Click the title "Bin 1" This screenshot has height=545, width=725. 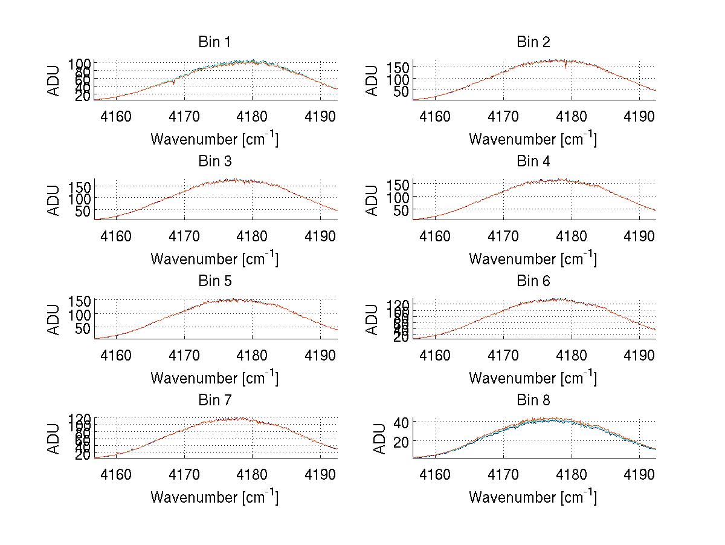214,42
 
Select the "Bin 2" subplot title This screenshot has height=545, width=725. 533,42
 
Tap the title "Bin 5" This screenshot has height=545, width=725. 214,281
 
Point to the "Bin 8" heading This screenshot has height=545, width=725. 533,400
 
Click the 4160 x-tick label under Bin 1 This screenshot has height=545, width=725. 116,116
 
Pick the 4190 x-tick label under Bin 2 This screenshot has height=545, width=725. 639,116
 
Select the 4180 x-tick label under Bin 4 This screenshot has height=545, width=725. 571,235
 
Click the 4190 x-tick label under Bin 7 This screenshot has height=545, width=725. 320,474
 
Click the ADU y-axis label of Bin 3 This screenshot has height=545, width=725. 54,200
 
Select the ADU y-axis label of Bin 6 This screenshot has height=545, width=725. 372,319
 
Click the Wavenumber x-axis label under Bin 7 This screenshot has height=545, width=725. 214,497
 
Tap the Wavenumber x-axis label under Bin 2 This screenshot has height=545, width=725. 533,139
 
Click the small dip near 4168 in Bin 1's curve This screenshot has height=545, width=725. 174,83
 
